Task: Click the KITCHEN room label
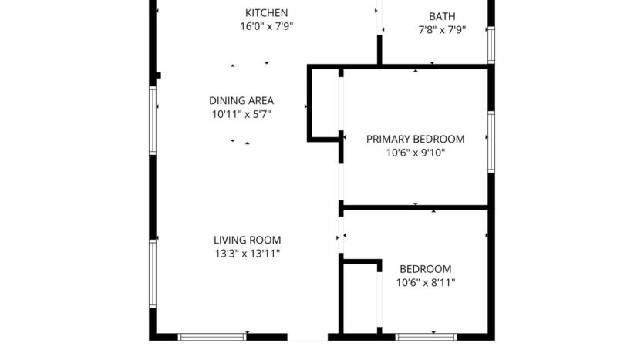(266, 12)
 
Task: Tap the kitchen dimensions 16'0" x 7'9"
(266, 26)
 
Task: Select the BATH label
(442, 16)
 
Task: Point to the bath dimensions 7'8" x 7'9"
(442, 30)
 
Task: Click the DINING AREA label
(241, 100)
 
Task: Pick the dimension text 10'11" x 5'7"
(241, 114)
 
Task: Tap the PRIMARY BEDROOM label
(415, 139)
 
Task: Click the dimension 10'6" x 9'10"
(415, 153)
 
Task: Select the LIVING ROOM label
(247, 240)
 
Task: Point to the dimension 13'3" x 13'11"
(247, 254)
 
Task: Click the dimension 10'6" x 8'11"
(425, 283)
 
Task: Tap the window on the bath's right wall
(491, 45)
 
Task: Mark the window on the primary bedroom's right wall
(491, 141)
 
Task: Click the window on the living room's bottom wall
(212, 337)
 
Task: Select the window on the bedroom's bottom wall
(426, 337)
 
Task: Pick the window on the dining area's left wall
(153, 119)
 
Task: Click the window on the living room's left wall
(153, 274)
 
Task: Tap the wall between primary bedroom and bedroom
(415, 207)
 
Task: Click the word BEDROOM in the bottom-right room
(425, 269)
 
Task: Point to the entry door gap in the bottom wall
(308, 337)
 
